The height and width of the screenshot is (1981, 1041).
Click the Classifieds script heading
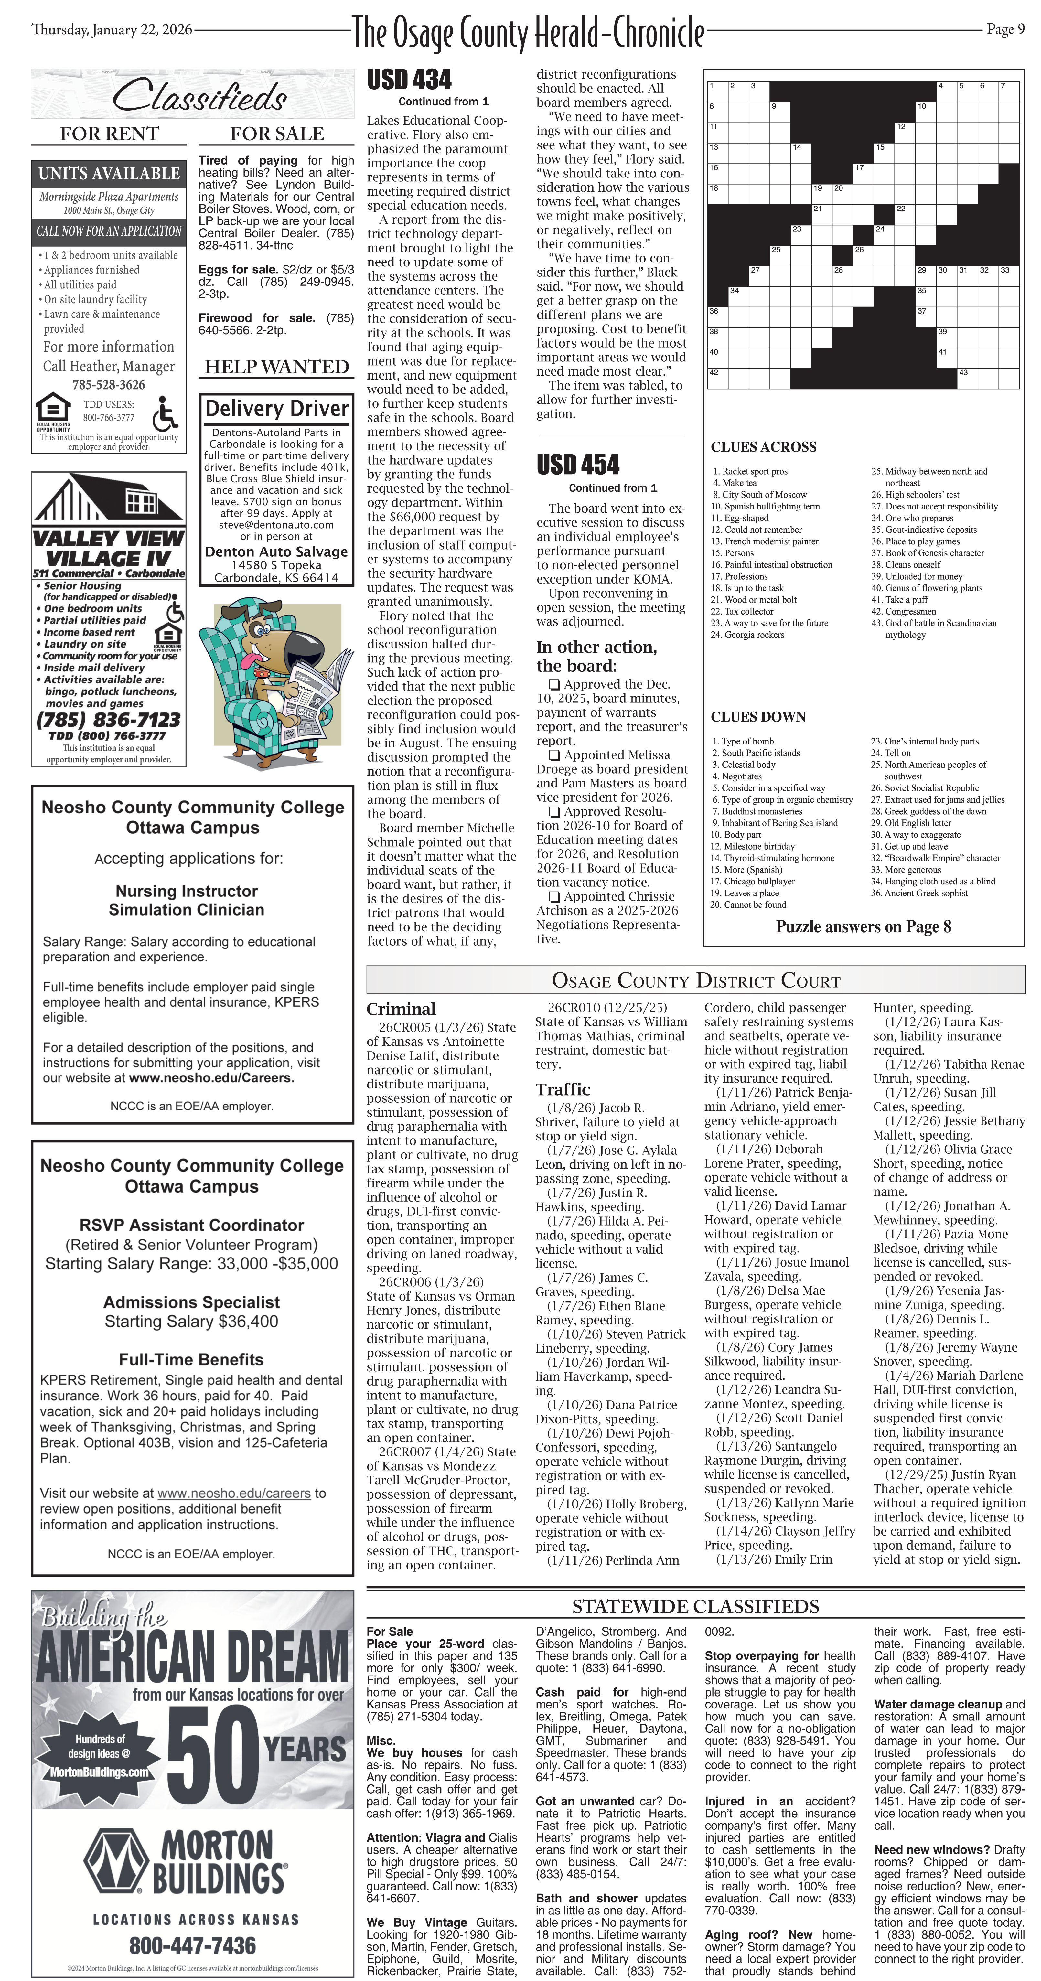[x=200, y=97]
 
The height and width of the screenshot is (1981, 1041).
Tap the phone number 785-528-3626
[x=108, y=384]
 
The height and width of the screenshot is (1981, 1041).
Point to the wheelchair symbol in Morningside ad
[x=165, y=413]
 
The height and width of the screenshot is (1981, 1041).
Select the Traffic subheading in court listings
[x=563, y=1089]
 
